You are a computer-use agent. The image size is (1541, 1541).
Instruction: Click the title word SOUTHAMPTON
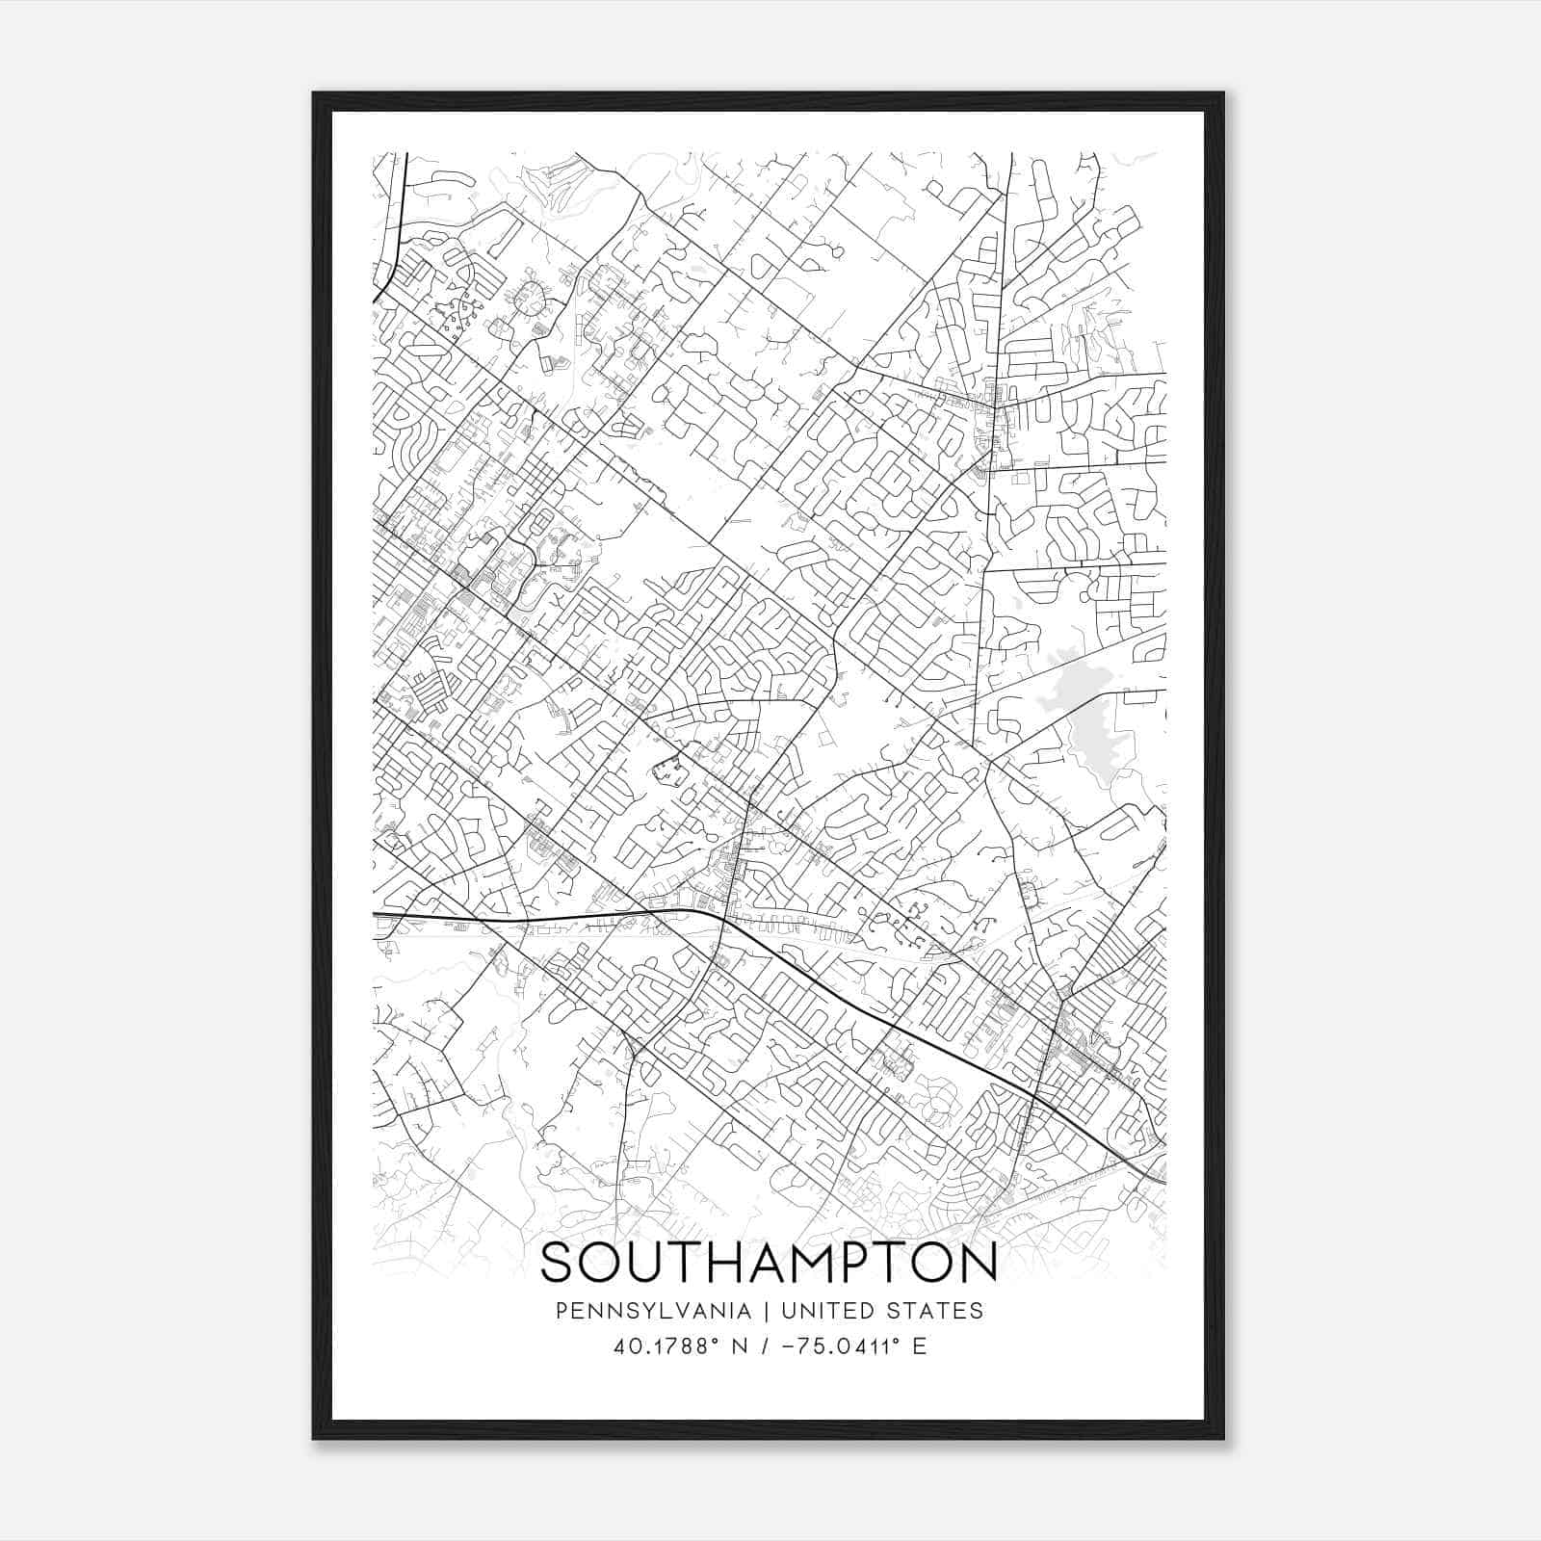pos(769,1264)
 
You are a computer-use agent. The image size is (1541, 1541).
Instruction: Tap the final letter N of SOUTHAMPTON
pos(980,1264)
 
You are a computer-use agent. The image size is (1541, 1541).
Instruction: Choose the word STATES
pos(936,1311)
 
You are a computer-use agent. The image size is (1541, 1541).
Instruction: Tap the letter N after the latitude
pos(740,1346)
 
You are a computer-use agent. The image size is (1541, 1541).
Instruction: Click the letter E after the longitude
pos(919,1346)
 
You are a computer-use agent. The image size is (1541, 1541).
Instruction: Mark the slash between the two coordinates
pos(766,1346)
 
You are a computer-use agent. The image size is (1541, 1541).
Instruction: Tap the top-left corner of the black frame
pos(314,93)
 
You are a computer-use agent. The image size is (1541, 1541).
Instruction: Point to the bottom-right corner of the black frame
pos(1223,1438)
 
